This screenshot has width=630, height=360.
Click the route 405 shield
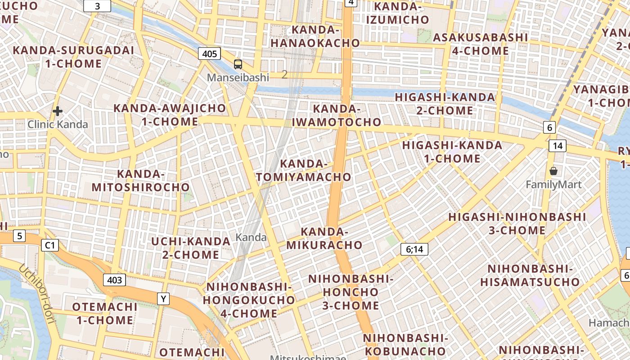(209, 54)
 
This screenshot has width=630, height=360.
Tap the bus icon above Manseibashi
(238, 64)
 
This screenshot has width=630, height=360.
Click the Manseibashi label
(238, 77)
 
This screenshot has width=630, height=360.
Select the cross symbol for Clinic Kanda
(58, 111)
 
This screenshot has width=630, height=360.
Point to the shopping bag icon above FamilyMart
(553, 171)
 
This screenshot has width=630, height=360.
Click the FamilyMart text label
(553, 184)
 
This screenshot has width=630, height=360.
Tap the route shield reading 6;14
(414, 249)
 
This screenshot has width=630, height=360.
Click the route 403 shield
(114, 280)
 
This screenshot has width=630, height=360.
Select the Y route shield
(163, 298)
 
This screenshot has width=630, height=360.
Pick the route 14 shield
(557, 145)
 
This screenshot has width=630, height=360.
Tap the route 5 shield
(19, 235)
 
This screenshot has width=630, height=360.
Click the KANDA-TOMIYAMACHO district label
(304, 171)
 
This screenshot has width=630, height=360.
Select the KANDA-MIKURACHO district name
(324, 238)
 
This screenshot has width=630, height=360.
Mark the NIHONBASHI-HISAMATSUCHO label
(530, 275)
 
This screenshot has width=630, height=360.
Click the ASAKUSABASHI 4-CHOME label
(480, 44)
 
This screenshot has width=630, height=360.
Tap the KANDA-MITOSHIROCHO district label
(141, 180)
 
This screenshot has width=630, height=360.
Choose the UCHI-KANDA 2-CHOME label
(191, 248)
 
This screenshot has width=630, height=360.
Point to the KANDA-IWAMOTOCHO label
(337, 116)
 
